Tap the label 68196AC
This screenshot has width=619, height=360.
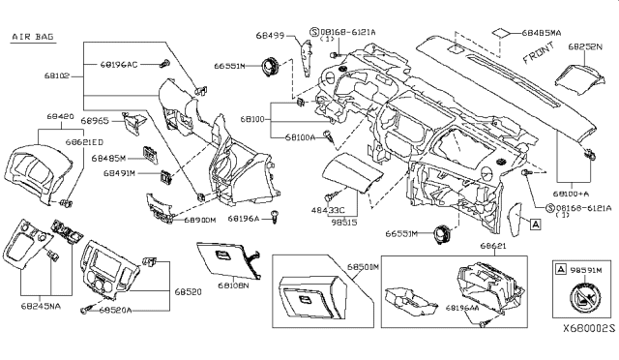[119, 65]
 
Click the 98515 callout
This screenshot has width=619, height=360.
[345, 222]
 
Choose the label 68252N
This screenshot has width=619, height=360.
[584, 45]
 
